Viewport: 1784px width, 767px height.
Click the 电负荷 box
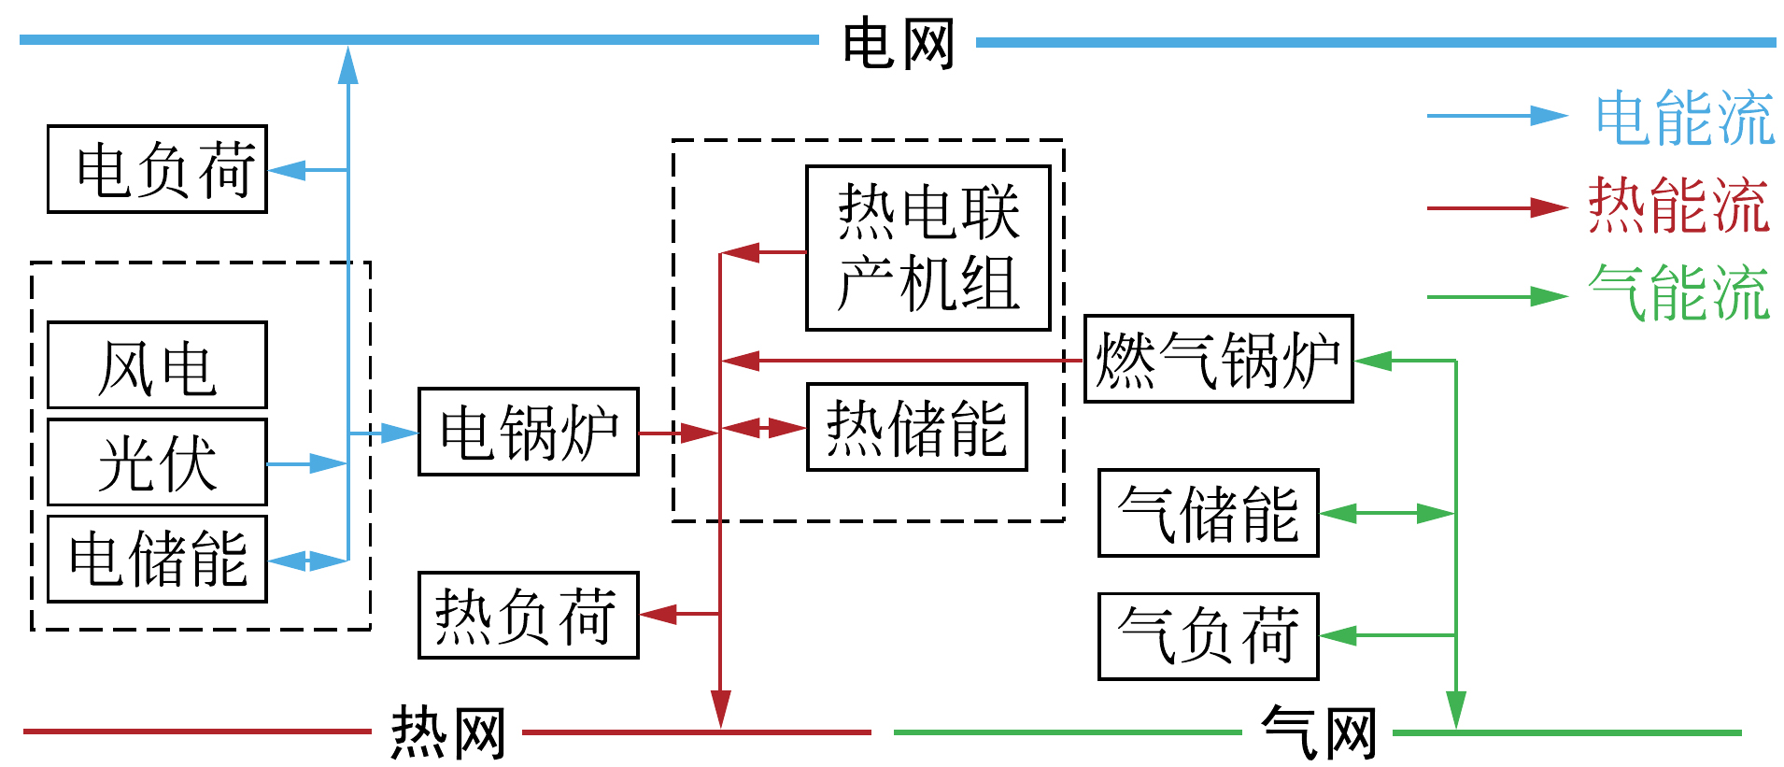(157, 169)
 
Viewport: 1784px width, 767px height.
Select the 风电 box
(157, 365)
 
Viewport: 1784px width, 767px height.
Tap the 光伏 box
(157, 462)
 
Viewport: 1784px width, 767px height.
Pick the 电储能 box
(157, 559)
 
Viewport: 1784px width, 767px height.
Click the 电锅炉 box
(528, 432)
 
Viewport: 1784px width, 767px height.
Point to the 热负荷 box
(528, 615)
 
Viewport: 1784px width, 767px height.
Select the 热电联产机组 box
(927, 249)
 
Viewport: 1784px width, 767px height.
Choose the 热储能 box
(916, 427)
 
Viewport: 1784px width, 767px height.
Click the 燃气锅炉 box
(1218, 359)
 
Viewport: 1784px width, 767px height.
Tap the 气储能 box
(1208, 513)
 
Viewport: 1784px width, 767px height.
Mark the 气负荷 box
(1208, 636)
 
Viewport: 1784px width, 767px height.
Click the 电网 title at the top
(898, 43)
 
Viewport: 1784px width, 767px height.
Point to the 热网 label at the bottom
(447, 732)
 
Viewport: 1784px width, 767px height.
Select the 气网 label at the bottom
(1318, 732)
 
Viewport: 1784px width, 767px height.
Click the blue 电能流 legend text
(1684, 118)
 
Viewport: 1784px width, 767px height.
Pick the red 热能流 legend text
(1678, 206)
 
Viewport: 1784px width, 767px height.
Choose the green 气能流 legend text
(1678, 293)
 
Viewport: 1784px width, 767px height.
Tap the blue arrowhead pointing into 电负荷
(286, 170)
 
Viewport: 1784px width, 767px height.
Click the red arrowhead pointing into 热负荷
(658, 614)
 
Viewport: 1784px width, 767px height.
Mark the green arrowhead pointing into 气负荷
(1337, 635)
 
